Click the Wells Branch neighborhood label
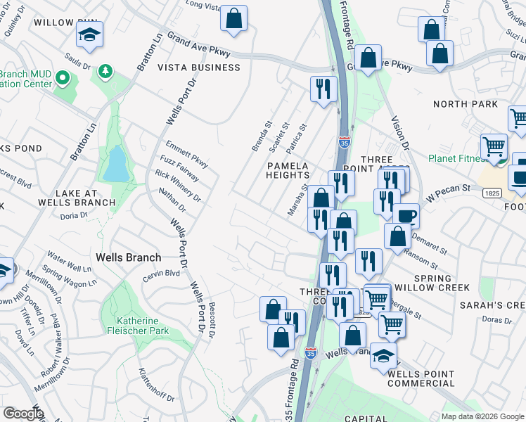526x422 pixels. point(129,257)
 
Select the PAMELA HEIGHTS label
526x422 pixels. point(287,170)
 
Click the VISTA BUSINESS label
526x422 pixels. point(198,68)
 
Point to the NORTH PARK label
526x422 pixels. point(465,104)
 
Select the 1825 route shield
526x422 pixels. point(492,192)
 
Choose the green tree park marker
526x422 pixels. point(105,71)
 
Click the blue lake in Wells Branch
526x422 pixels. point(115,164)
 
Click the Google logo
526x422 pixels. point(23,414)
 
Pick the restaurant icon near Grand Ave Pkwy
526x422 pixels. point(323,88)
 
